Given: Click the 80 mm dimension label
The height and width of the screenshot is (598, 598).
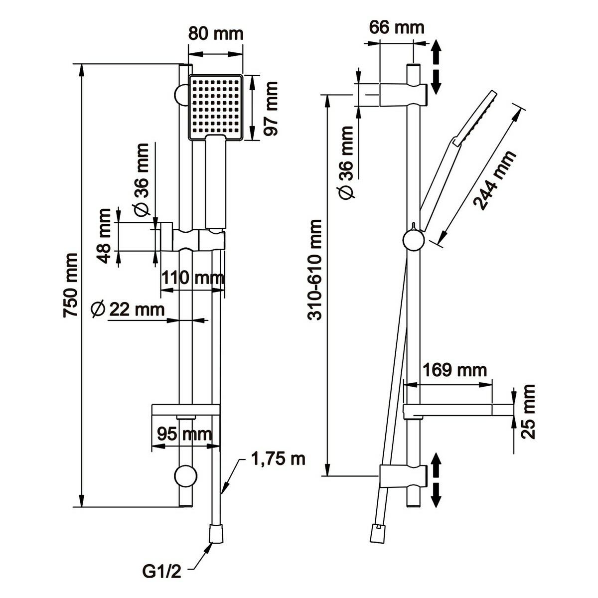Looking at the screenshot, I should coord(215,34).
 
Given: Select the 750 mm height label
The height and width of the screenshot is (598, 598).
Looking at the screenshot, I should coord(70,285).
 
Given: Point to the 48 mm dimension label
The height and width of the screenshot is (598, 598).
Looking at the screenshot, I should coord(104,236).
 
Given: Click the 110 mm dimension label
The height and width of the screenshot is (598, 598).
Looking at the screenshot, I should coord(192,277).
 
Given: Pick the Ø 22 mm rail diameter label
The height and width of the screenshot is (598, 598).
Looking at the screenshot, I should coord(128,309).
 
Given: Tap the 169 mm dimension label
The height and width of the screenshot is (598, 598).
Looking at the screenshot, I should coord(454,370).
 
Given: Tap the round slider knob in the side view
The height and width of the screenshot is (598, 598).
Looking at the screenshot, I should coord(415,240).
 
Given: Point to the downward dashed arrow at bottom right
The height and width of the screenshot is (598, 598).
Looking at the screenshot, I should coord(436,495).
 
